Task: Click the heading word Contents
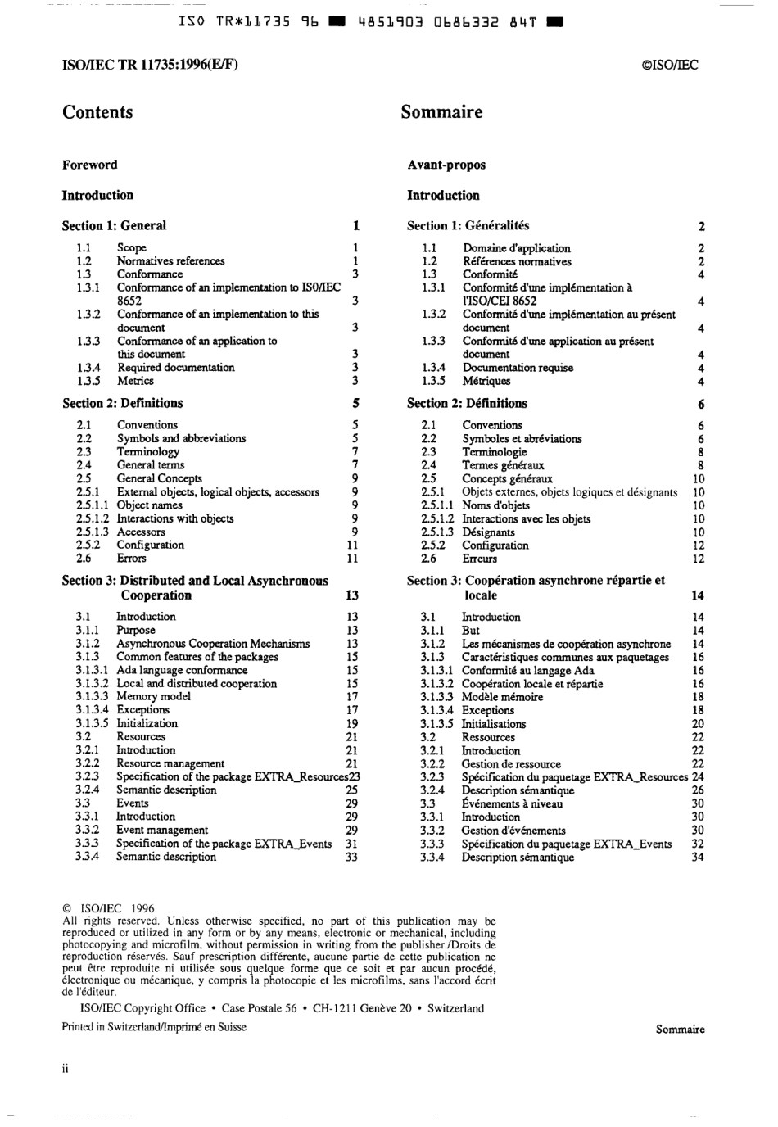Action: (x=97, y=112)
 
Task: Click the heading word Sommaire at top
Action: (x=441, y=112)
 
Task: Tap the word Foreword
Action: (x=89, y=165)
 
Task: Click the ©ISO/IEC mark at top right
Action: (x=671, y=66)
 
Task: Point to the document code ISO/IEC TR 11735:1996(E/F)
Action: (x=150, y=66)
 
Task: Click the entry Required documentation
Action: (x=175, y=367)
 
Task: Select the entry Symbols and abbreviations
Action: (x=181, y=438)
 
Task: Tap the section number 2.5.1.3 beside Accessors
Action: (x=92, y=532)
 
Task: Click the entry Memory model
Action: (x=153, y=696)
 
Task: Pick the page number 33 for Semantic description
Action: (x=351, y=857)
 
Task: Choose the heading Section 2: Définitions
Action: (x=467, y=403)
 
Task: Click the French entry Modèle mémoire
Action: (x=502, y=697)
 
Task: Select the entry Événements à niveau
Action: (x=512, y=803)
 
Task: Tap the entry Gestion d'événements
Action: (x=513, y=830)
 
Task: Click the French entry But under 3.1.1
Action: (x=471, y=631)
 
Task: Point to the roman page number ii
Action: (x=66, y=1069)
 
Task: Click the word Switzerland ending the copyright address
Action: (x=455, y=1008)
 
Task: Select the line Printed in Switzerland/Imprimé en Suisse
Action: (x=154, y=1027)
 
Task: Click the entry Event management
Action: (x=162, y=830)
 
